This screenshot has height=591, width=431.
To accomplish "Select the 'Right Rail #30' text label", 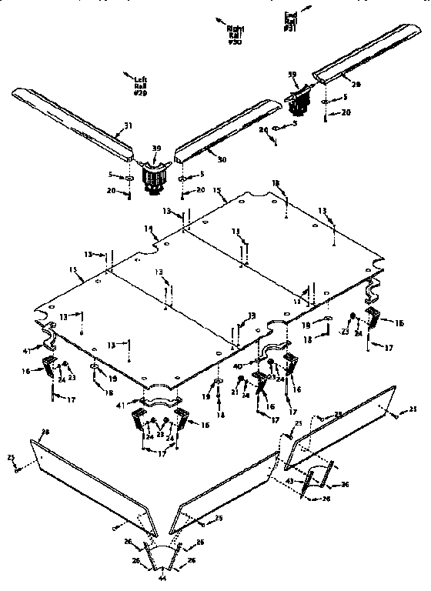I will [234, 35].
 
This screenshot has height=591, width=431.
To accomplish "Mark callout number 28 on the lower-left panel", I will [45, 436].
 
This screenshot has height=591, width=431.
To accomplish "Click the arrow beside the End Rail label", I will [309, 8].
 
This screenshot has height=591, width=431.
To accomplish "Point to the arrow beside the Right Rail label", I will [221, 19].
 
